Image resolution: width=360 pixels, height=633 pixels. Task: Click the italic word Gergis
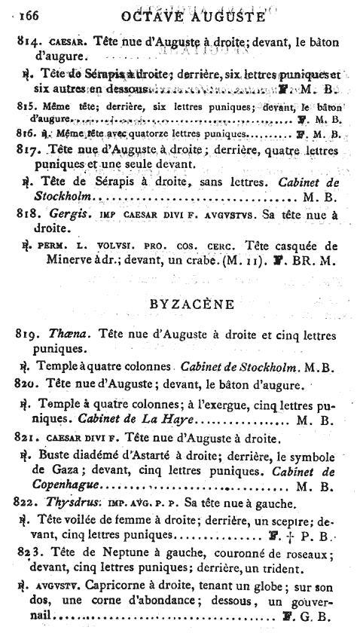pyautogui.click(x=57, y=213)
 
